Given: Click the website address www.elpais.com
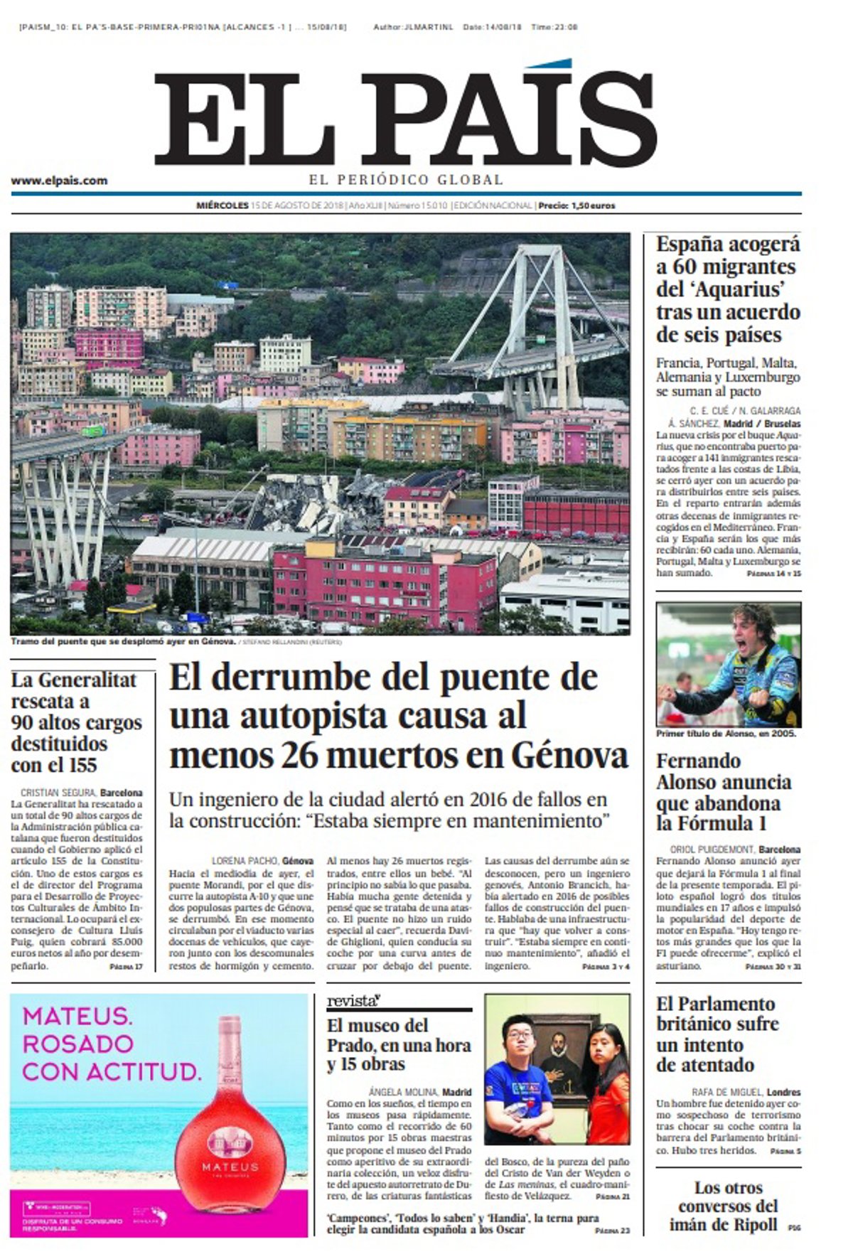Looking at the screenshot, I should tap(59, 181).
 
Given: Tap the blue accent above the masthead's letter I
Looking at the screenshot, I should tap(551, 64).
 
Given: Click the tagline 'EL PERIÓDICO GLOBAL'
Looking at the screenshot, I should tap(406, 180).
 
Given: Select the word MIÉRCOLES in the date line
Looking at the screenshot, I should tap(222, 206).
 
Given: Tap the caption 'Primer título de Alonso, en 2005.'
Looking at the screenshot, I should tap(726, 734).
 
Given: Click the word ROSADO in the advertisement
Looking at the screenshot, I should tap(78, 1044).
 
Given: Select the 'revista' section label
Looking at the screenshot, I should tap(353, 1002).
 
